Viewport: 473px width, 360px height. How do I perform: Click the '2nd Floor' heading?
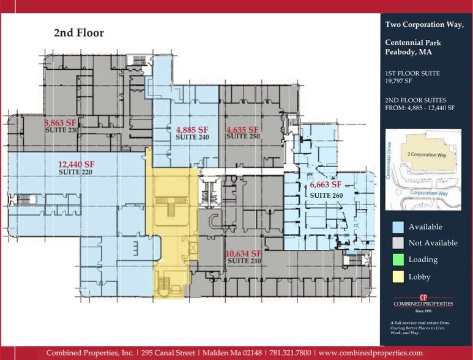click(78, 33)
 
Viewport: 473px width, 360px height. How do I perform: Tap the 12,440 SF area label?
click(76, 164)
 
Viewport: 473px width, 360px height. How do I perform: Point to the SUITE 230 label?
click(63, 129)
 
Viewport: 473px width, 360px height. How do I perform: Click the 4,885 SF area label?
click(192, 130)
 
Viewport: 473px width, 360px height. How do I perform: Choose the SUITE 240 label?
click(192, 137)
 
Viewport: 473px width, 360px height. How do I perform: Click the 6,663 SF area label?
click(329, 184)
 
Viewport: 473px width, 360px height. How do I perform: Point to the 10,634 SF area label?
click(244, 253)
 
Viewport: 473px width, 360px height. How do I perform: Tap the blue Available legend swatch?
click(397, 227)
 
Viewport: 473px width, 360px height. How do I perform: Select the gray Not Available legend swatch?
click(397, 243)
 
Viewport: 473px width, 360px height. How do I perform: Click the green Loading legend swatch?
click(397, 260)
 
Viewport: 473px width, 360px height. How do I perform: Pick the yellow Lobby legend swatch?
click(397, 277)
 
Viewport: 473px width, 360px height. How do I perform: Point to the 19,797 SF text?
click(398, 80)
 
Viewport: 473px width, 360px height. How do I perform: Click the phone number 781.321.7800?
click(287, 353)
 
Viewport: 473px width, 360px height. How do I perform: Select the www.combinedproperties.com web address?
click(370, 353)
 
